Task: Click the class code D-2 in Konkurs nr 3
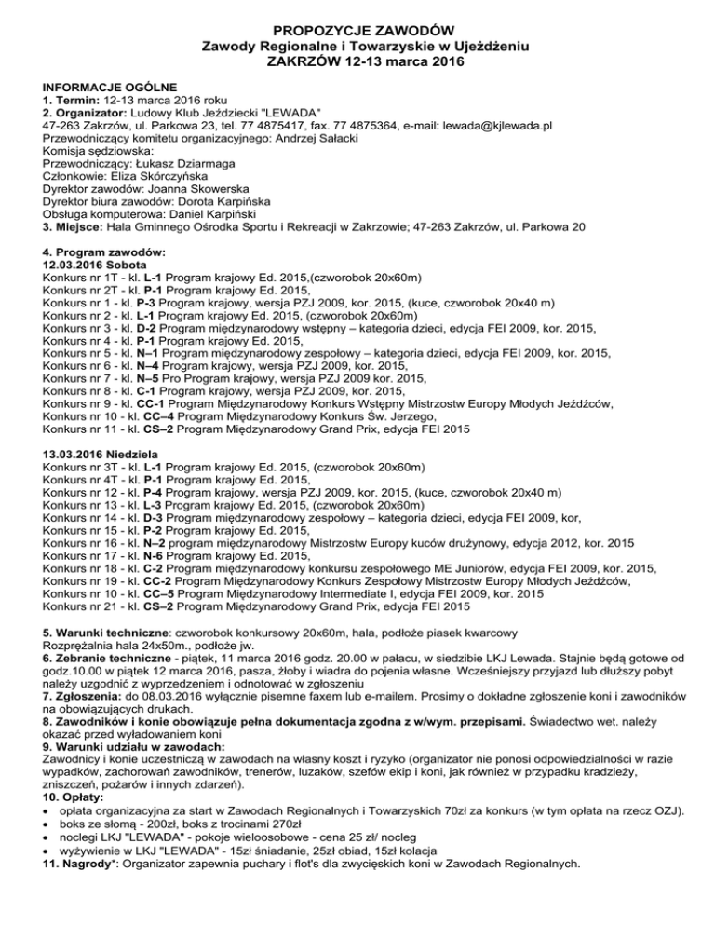pyautogui.click(x=149, y=329)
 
